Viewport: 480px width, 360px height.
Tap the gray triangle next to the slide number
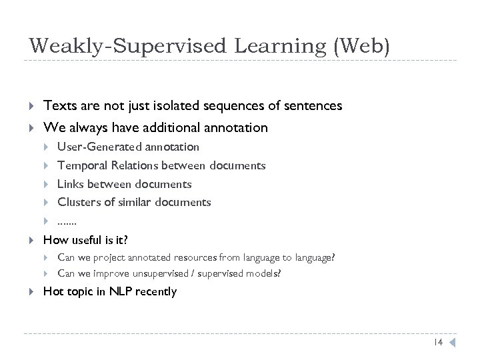pos(451,343)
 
